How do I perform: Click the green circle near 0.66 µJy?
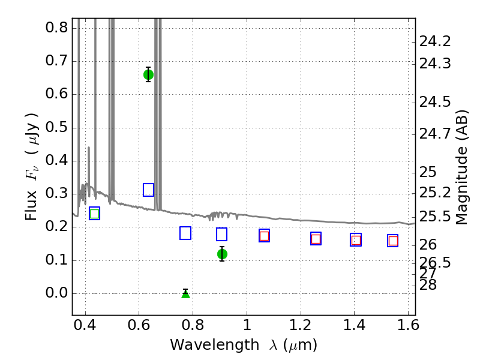click(x=148, y=74)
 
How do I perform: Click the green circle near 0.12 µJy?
click(x=222, y=254)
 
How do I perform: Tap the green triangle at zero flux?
click(x=185, y=294)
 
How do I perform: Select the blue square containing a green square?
click(x=95, y=214)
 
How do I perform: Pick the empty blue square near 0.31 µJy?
click(x=148, y=190)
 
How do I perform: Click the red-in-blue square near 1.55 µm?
click(x=393, y=241)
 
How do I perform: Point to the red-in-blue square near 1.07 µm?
click(x=264, y=236)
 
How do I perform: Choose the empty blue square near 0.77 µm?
click(x=185, y=233)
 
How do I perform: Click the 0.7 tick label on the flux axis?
click(x=56, y=61)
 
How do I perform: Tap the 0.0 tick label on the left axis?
click(x=56, y=293)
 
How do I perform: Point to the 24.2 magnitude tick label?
click(x=435, y=41)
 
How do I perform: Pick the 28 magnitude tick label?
click(x=428, y=285)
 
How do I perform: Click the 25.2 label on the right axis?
click(x=435, y=193)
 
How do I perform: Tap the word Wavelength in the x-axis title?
click(x=215, y=345)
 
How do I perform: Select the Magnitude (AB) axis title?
click(x=462, y=168)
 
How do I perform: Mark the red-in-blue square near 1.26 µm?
click(x=316, y=239)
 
